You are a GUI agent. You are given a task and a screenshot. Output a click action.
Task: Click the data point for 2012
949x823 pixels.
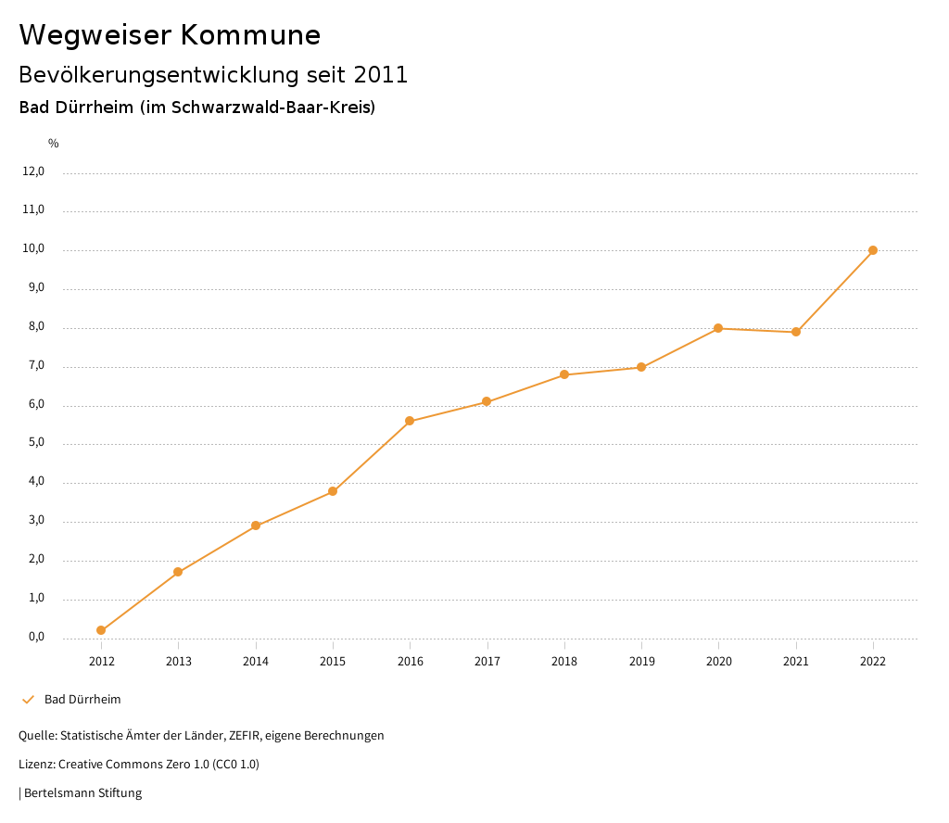[x=101, y=630]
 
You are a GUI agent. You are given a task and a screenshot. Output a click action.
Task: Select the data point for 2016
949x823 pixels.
[x=410, y=421]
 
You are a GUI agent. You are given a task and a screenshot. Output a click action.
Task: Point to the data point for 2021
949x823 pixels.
[x=796, y=332]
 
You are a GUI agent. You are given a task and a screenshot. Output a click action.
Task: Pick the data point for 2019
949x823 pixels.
[x=641, y=367]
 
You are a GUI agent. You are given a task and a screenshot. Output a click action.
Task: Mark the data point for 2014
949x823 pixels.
[x=256, y=525]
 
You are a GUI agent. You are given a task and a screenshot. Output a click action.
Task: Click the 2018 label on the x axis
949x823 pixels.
[x=564, y=661]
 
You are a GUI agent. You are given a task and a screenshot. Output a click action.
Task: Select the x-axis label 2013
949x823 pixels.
[x=179, y=661]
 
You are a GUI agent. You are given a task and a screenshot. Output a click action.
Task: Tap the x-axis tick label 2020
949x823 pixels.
[x=719, y=661]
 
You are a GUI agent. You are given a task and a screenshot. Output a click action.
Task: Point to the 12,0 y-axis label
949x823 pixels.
[x=33, y=171]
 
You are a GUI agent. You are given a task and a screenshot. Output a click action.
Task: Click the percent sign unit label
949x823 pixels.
[x=54, y=144]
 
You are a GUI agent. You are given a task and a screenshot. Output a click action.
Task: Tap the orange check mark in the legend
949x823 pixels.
[x=28, y=700]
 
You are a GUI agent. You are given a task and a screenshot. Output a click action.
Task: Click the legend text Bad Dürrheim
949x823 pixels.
[x=82, y=700]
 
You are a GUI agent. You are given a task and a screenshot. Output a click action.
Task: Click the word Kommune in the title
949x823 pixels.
[x=250, y=35]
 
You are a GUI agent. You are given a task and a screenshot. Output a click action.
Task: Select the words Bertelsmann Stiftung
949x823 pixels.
[x=82, y=793]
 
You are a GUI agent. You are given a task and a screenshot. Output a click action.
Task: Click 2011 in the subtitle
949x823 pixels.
[x=381, y=74]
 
